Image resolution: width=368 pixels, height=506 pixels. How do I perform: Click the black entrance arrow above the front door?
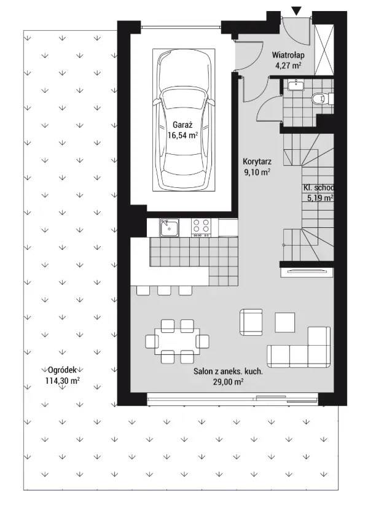296,11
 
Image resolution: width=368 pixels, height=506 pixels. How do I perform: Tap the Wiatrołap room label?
288,55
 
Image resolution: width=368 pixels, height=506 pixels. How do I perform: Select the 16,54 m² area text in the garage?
182,135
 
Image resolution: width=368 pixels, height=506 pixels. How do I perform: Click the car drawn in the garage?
184,119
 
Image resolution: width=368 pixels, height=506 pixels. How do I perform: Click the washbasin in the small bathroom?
296,85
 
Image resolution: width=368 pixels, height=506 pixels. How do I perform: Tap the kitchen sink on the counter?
169,227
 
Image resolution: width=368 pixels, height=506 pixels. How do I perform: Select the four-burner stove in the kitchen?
201,227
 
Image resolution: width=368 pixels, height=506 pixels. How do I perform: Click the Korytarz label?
257,162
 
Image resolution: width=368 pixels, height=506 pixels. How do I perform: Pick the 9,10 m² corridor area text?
257,172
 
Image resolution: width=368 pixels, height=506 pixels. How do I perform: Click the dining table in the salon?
177,341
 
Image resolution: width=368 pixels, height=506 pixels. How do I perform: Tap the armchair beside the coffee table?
251,322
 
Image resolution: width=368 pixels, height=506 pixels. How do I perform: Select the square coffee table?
284,322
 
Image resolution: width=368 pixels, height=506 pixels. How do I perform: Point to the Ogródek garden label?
62,370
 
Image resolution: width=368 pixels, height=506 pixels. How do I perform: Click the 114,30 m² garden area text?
62,381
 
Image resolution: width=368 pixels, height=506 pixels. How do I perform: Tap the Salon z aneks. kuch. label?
228,371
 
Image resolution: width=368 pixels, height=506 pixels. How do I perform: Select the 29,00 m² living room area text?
228,382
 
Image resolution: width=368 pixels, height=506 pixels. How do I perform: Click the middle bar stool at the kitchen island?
164,290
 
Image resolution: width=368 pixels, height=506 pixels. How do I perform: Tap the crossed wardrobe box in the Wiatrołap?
324,49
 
